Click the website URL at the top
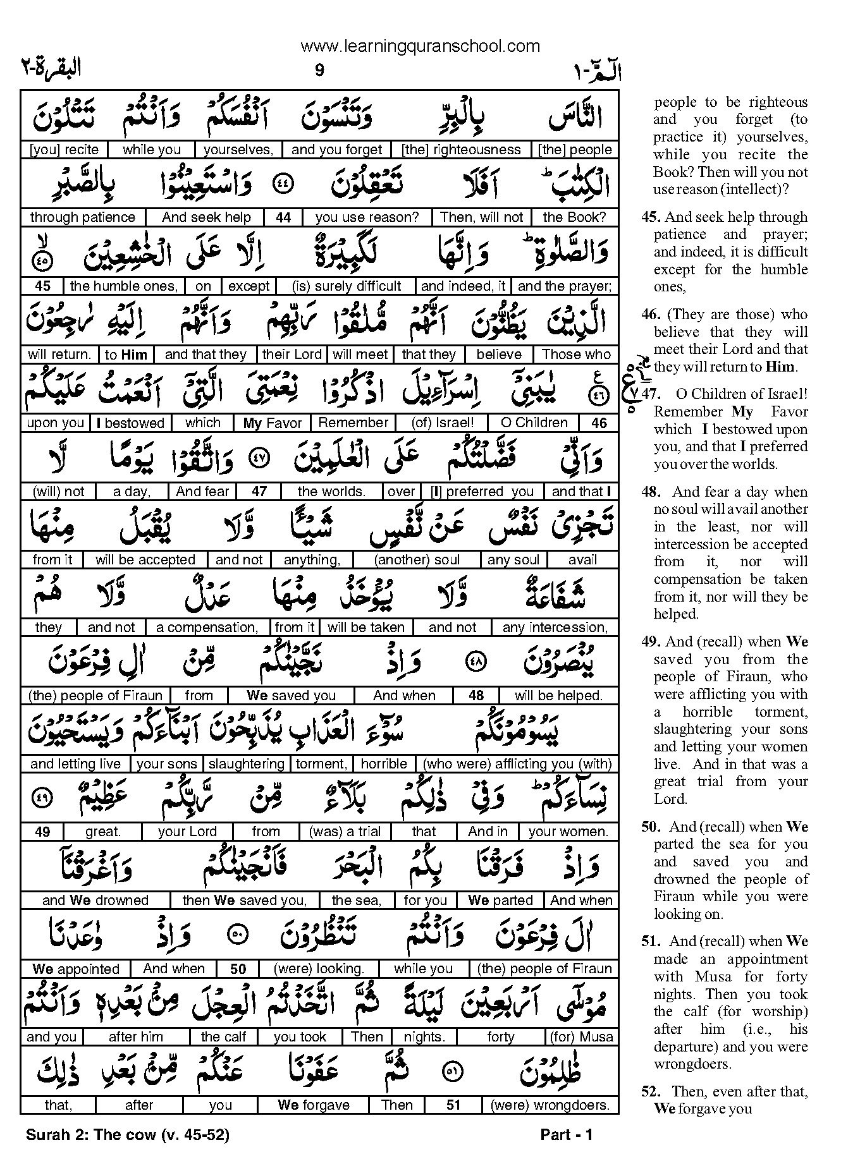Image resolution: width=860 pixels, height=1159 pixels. (420, 46)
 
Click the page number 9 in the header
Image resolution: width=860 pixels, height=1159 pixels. (319, 70)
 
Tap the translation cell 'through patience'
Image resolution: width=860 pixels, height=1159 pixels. (82, 217)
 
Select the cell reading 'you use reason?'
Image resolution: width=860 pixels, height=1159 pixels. (367, 217)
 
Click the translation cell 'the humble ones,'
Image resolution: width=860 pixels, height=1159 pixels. (123, 286)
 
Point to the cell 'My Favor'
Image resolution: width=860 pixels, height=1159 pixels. (273, 423)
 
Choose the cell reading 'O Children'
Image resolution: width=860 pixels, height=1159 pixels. (534, 423)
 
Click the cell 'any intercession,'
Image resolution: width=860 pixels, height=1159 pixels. (555, 628)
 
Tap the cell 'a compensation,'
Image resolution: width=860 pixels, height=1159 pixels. (207, 628)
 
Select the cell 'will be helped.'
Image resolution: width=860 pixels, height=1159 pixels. (558, 696)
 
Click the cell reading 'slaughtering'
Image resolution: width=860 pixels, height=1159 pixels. (246, 764)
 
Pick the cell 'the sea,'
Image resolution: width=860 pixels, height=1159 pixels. (356, 901)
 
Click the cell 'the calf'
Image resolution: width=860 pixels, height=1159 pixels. (223, 1037)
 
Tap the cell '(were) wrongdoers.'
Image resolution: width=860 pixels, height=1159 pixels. (550, 1105)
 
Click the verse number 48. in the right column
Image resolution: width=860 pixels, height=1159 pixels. (652, 492)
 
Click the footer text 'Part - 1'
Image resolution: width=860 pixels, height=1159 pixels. (566, 1135)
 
